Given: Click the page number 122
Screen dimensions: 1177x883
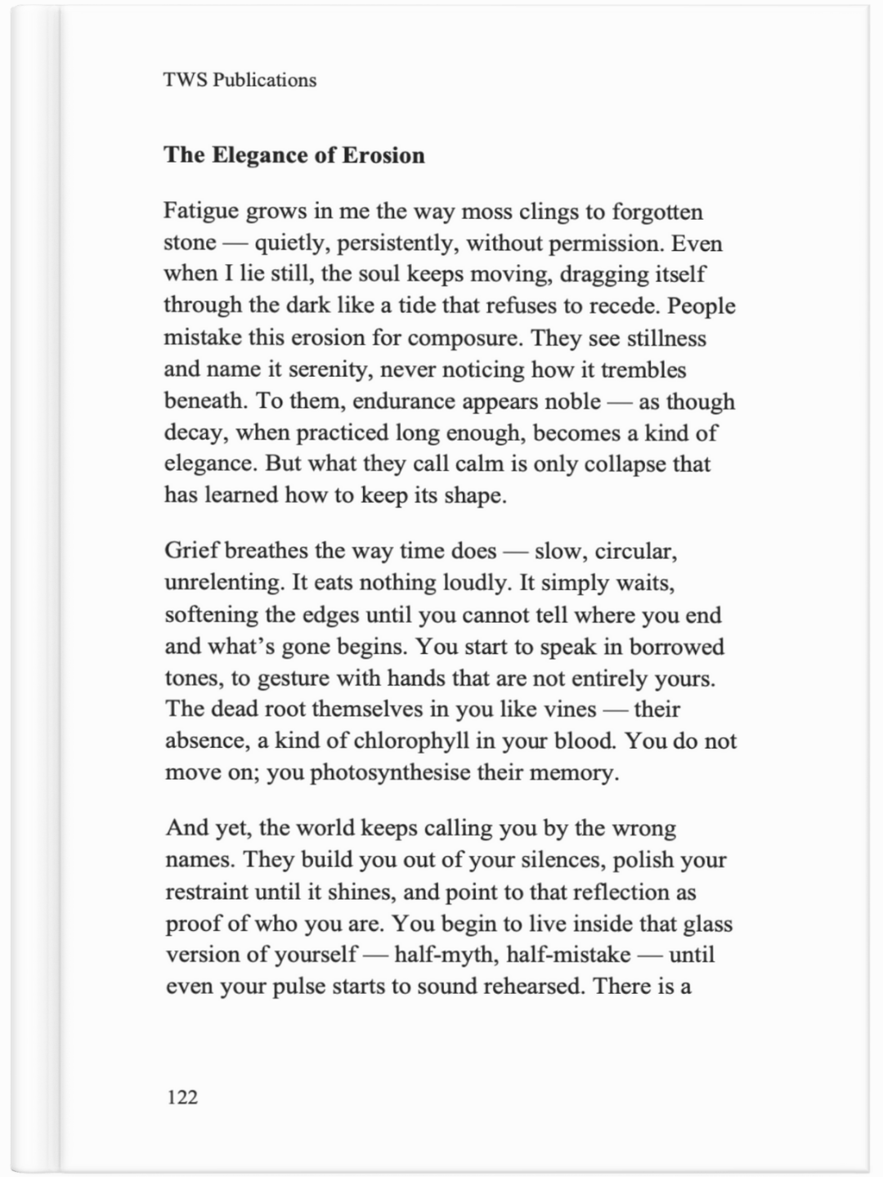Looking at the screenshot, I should (182, 1097).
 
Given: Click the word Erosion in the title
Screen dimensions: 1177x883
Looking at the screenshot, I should (383, 155).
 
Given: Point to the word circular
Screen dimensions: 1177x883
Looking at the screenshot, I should (636, 551).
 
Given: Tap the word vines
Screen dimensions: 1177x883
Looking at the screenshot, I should (570, 709).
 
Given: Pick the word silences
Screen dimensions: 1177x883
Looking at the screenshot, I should (553, 860).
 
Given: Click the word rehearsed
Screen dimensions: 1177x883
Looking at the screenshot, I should (533, 987).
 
